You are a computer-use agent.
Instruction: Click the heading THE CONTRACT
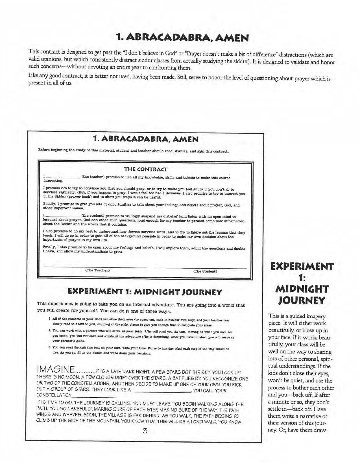point(146,169)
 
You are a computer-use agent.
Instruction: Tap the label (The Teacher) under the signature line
point(97,270)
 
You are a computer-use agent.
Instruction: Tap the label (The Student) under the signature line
point(205,271)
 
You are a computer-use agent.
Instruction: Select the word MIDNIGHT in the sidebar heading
point(302,289)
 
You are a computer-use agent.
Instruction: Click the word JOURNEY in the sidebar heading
point(302,300)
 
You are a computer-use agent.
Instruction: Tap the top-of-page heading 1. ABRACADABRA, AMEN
point(183,38)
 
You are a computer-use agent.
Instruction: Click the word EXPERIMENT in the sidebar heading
point(302,267)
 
